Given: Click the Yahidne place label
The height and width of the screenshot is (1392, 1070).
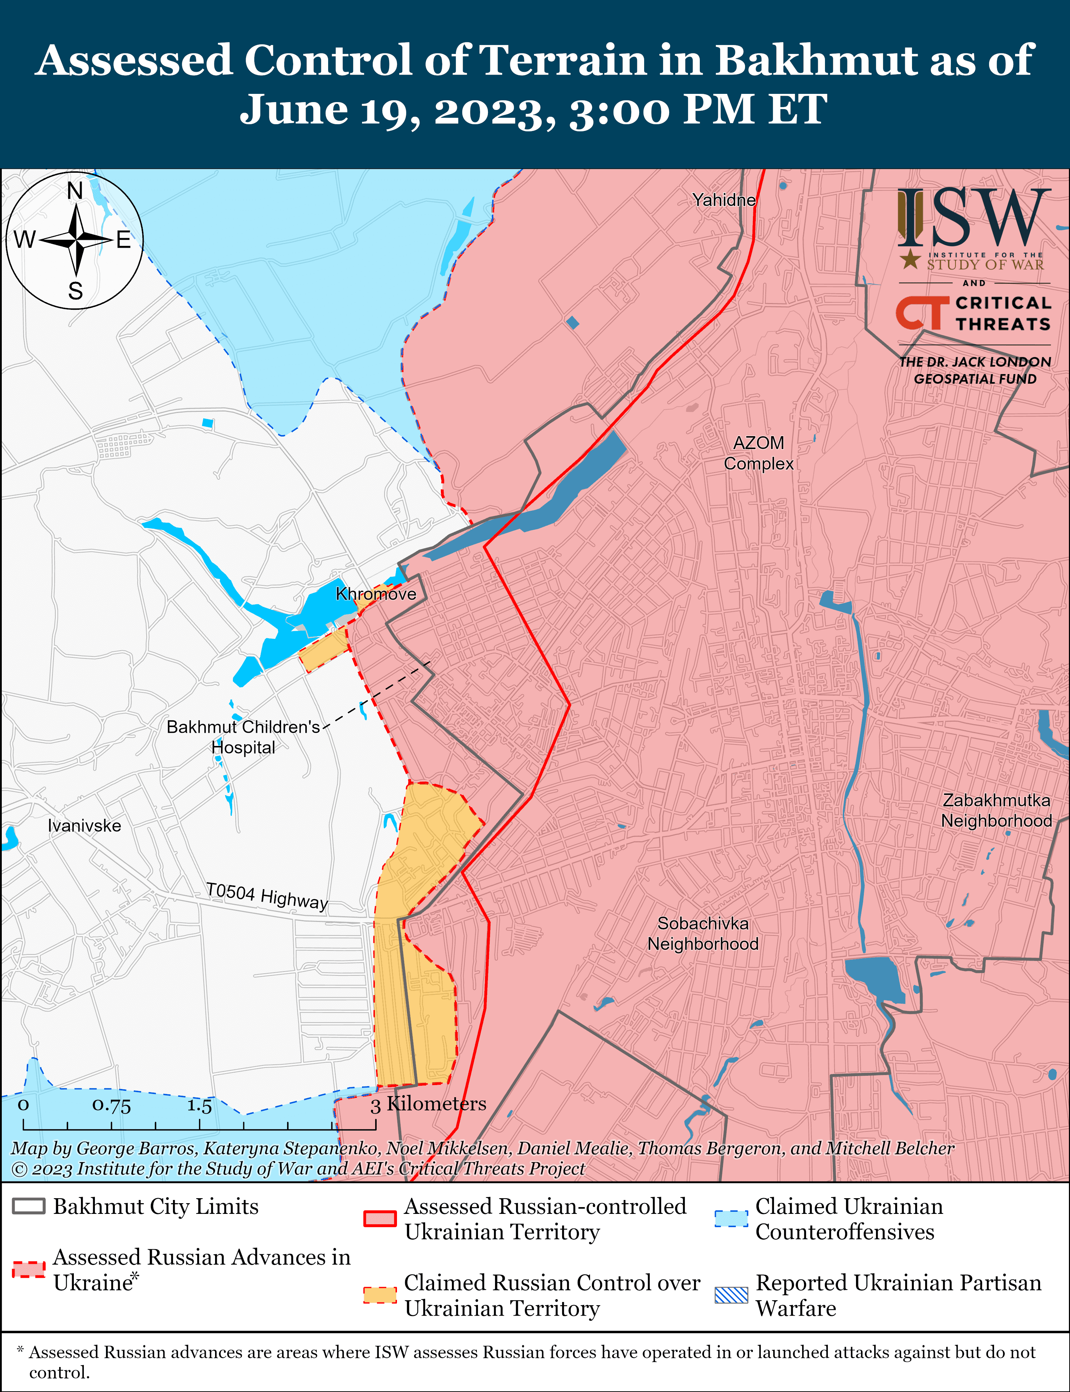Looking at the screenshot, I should (x=724, y=200).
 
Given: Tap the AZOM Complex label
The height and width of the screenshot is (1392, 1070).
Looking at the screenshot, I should (x=759, y=453).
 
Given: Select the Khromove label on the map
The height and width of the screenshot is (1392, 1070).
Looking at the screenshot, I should (x=376, y=594).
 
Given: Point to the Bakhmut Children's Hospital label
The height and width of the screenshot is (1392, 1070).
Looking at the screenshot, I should (x=243, y=737).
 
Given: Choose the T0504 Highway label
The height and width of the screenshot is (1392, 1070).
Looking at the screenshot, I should (x=267, y=896).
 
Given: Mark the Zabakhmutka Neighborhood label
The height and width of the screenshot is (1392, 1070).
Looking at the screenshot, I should (x=996, y=810).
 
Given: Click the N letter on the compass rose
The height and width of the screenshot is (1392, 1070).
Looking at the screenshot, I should (x=75, y=191).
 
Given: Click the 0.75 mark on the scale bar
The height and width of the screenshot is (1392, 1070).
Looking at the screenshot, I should (x=111, y=1105).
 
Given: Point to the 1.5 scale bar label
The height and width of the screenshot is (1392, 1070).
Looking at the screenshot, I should (x=199, y=1105).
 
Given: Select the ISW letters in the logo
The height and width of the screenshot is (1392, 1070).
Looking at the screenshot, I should (x=974, y=218).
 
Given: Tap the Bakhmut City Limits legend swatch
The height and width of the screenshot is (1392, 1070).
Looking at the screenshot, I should (x=29, y=1206).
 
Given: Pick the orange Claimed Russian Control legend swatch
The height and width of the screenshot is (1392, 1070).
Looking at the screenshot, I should (x=379, y=1295).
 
